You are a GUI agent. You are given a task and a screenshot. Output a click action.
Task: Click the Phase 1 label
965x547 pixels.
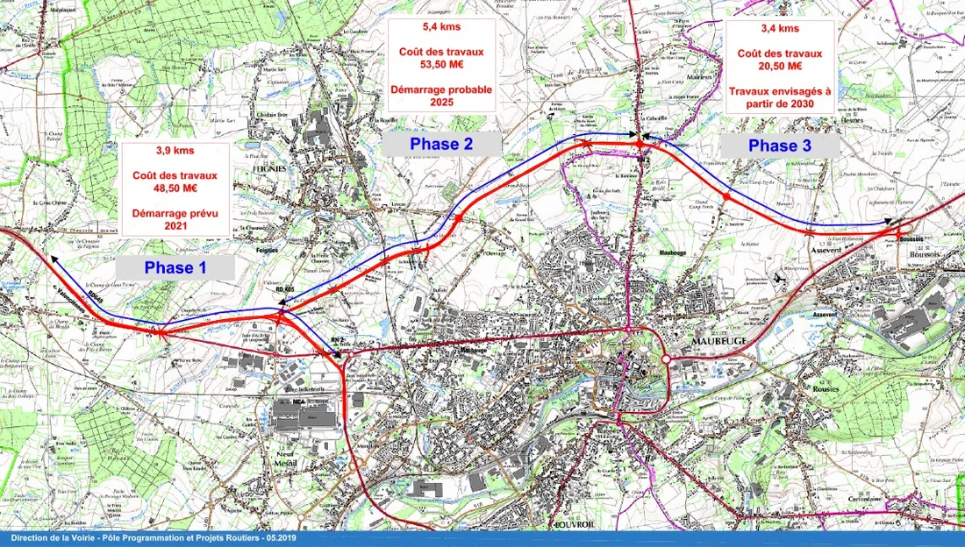(176, 267)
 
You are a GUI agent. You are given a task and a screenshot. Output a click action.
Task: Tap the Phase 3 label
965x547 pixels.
(779, 146)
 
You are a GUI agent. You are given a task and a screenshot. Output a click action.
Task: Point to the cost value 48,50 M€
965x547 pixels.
(176, 188)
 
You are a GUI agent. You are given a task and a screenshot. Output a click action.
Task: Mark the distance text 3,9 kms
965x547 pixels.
(176, 150)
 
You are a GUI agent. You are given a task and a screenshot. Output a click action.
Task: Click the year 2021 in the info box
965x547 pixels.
(176, 225)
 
